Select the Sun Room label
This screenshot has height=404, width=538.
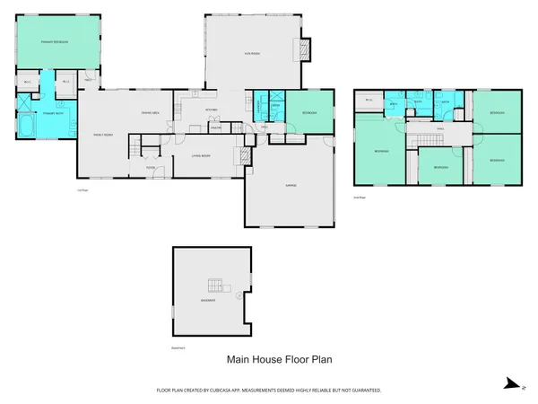pyautogui.click(x=252, y=55)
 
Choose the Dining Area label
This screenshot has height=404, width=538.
pyautogui.click(x=151, y=112)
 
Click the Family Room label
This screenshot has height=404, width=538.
pyautogui.click(x=103, y=134)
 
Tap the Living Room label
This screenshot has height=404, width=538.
pyautogui.click(x=199, y=156)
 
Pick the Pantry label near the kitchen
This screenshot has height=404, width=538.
pyautogui.click(x=215, y=127)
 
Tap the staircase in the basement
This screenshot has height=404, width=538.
pyautogui.click(x=213, y=285)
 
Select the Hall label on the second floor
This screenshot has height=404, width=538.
pyautogui.click(x=440, y=128)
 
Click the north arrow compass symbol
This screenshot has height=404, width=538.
pyautogui.click(x=510, y=382)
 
